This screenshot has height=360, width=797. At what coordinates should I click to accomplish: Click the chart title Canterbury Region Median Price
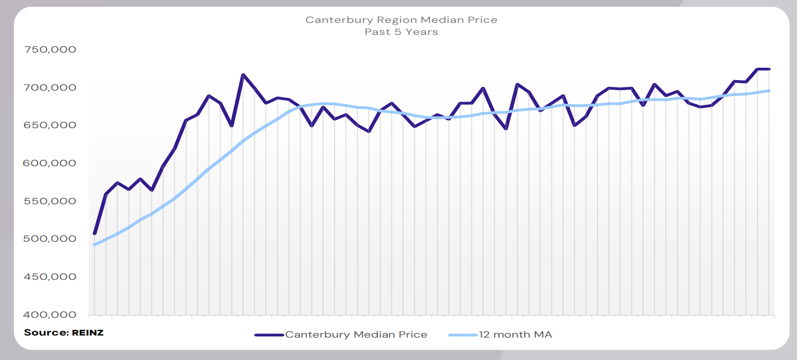click(401, 20)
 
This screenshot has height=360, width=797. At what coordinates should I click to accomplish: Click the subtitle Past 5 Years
click(401, 32)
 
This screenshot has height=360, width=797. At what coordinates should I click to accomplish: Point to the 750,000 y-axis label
click(51, 49)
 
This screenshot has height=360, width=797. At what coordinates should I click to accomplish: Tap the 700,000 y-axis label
click(51, 88)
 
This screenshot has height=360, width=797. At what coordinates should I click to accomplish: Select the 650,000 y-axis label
click(51, 125)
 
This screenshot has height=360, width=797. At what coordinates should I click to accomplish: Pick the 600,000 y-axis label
click(51, 163)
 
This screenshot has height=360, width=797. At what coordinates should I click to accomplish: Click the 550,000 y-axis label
click(51, 201)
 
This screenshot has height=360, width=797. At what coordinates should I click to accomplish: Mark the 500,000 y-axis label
click(51, 239)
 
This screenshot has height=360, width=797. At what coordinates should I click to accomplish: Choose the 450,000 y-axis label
click(51, 277)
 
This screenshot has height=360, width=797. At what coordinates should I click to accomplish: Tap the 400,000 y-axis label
click(51, 315)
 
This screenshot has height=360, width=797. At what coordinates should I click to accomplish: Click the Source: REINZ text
click(64, 332)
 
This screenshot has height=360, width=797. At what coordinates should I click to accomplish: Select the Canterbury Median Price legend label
click(356, 334)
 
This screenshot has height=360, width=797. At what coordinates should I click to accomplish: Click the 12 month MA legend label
click(515, 334)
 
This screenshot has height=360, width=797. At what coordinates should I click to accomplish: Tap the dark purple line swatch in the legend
click(269, 334)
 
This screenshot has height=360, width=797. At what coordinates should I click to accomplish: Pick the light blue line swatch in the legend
click(463, 334)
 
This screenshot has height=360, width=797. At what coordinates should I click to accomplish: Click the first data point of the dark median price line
click(95, 233)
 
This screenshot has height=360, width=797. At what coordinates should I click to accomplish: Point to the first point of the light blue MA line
click(95, 244)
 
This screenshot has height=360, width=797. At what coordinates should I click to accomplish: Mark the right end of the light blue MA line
click(769, 91)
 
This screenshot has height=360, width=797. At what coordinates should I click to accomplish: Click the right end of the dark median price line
click(769, 69)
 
